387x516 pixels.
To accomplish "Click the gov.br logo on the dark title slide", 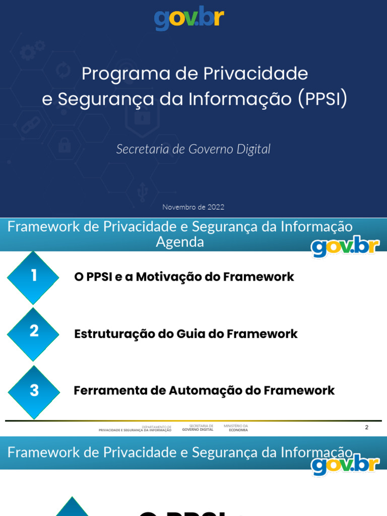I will pyautogui.click(x=189, y=19).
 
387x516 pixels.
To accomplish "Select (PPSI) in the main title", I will pyautogui.click(x=322, y=99).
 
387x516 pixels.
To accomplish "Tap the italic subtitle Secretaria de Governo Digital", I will pyautogui.click(x=193, y=149).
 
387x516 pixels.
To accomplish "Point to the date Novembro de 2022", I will pyautogui.click(x=193, y=207).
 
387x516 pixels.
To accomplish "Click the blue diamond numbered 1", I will pyautogui.click(x=34, y=276).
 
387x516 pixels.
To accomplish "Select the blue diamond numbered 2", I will pyautogui.click(x=34, y=332).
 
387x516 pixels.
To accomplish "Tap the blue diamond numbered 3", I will pyautogui.click(x=34, y=391).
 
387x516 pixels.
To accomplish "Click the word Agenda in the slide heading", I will pyautogui.click(x=180, y=242).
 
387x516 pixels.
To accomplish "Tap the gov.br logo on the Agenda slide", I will pyautogui.click(x=345, y=246).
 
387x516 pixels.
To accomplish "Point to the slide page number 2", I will pyautogui.click(x=367, y=427).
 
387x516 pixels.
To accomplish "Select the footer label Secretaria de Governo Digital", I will pyautogui.click(x=198, y=428).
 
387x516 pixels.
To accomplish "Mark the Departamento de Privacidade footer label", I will pyautogui.click(x=135, y=428).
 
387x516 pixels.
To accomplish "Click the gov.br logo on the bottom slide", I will pyautogui.click(x=345, y=464).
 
